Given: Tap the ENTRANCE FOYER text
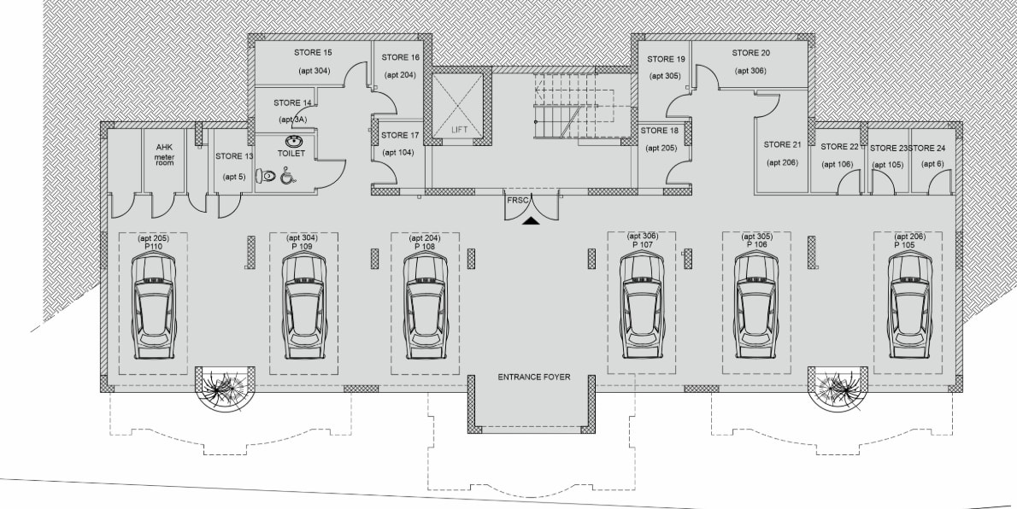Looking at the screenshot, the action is click(534, 377).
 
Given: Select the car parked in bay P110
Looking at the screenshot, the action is click(154, 306).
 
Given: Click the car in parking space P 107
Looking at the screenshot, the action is click(642, 306).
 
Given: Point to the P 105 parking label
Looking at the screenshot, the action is click(905, 245).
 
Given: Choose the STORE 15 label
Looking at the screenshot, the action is click(314, 52).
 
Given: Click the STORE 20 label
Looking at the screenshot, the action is click(751, 52).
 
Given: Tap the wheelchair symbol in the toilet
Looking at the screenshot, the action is click(287, 176).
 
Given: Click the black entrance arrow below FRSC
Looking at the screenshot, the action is click(532, 221).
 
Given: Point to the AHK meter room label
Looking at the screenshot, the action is click(164, 155).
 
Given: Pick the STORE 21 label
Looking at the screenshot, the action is click(782, 144).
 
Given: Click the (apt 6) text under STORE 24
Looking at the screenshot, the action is click(932, 164).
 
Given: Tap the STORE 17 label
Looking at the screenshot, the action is click(400, 136).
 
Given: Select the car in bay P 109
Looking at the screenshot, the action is click(304, 306).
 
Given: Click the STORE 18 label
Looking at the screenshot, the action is click(659, 131).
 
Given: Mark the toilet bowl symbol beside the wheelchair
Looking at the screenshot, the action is click(266, 175).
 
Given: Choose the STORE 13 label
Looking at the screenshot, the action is click(234, 156).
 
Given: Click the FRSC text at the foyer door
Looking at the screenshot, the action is click(518, 200).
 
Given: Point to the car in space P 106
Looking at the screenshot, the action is click(756, 306).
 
